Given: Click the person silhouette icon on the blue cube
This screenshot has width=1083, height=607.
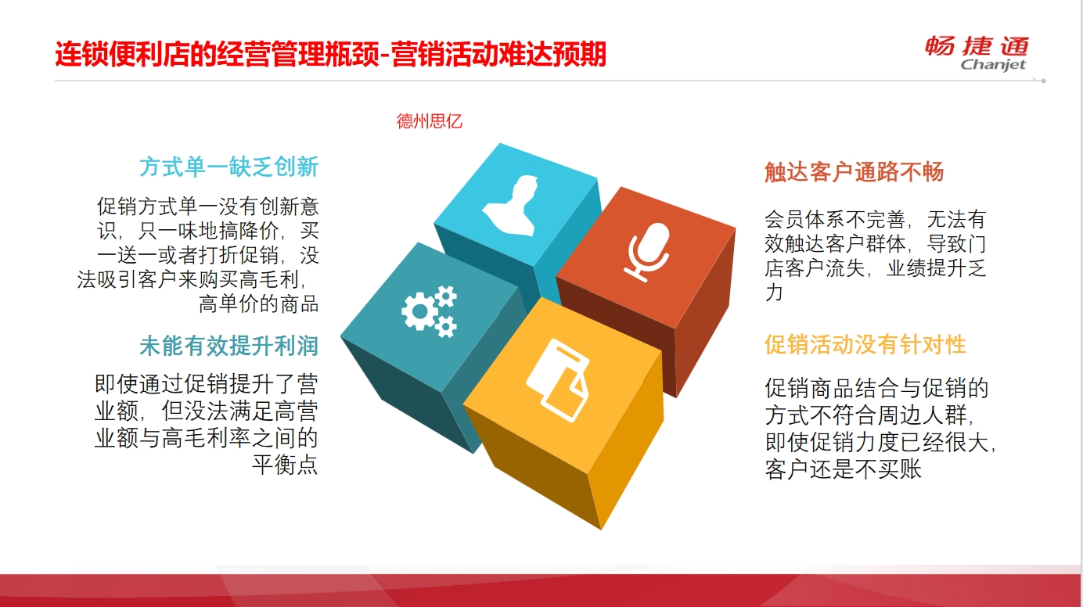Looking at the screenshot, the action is point(510,206).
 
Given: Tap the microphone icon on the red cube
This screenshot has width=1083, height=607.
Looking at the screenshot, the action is point(647,252).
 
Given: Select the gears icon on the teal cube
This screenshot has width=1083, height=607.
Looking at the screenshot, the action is point(429,311).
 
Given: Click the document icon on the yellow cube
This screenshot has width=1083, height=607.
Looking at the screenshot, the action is point(559,380).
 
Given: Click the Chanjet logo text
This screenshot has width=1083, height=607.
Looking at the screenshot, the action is point(993,65).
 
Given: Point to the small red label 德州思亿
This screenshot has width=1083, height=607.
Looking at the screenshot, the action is point(430,120).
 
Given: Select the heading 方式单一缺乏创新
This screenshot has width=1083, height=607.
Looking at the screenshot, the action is point(228,167).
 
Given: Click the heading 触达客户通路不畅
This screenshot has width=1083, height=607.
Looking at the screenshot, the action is point(854,172).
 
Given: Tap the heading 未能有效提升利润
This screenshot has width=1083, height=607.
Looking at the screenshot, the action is point(228,346).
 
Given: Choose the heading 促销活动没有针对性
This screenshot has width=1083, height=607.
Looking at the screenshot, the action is point(865,345).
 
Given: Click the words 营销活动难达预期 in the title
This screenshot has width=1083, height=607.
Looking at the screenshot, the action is point(498,54).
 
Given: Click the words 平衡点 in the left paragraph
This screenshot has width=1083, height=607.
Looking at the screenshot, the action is point(285,465).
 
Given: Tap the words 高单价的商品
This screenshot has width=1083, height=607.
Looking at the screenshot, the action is point(258,304).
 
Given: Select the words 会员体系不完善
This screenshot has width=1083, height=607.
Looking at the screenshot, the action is point(834,219).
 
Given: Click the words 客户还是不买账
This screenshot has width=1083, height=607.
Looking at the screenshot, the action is point(844,469).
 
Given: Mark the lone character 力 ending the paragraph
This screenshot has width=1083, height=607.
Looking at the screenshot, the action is point(774,293).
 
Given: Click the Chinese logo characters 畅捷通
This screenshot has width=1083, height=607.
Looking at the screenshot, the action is point(977,46).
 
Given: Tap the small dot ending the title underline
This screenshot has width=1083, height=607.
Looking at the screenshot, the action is point(1043,81).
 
